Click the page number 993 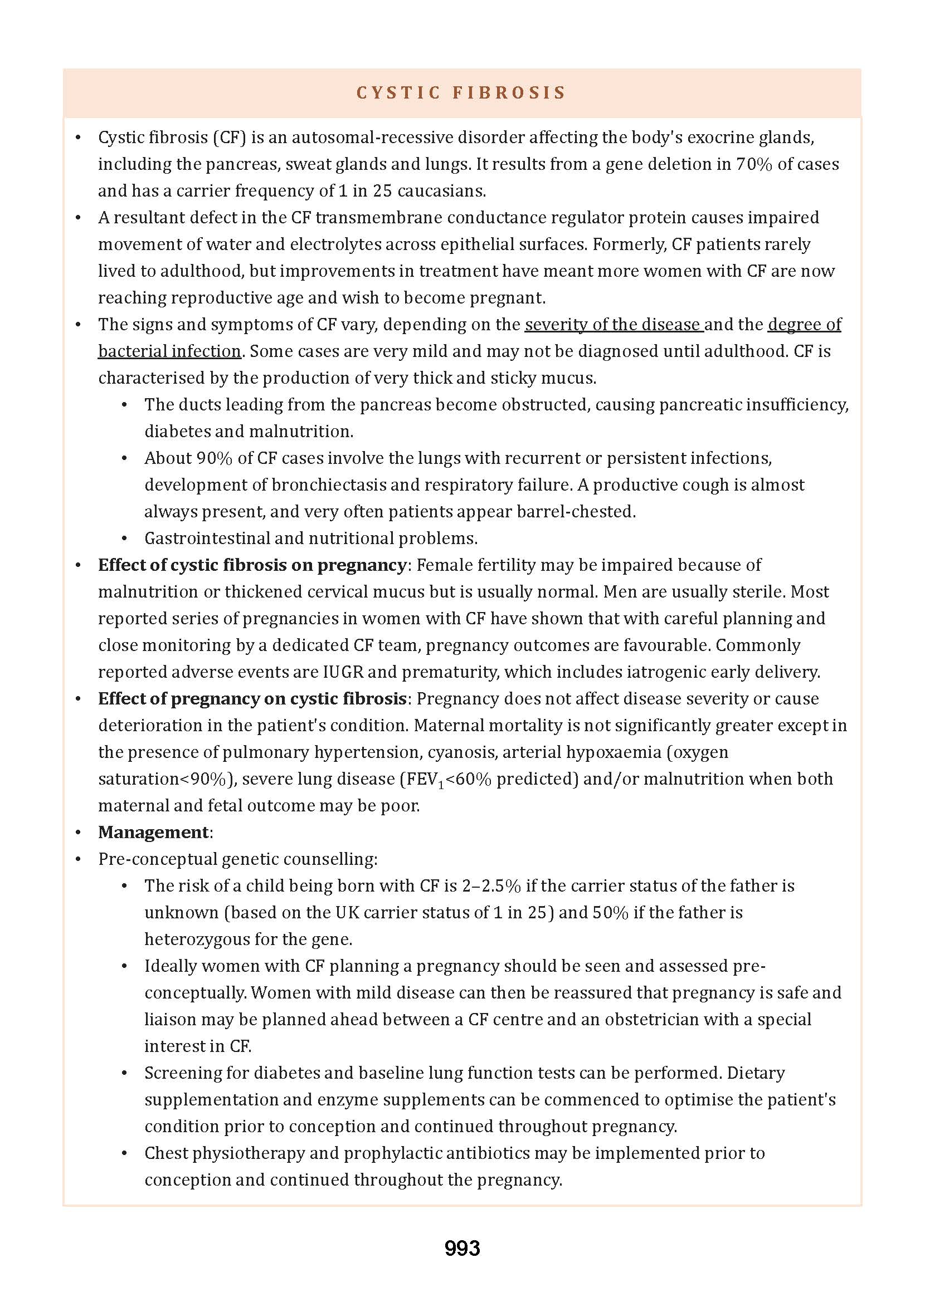click(x=462, y=1248)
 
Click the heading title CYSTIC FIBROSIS click(x=461, y=93)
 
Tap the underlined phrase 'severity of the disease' click(x=613, y=325)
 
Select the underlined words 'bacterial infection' click(x=169, y=351)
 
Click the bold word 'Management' click(x=153, y=832)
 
